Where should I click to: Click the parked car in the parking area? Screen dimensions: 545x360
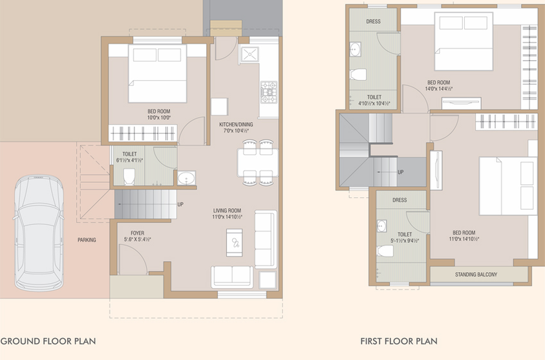click(x=39, y=233)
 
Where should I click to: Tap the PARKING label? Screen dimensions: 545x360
click(x=87, y=240)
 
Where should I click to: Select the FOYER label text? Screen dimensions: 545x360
click(x=137, y=233)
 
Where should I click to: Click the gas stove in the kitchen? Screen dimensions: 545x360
click(x=269, y=92)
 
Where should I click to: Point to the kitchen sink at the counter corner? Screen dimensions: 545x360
click(x=250, y=54)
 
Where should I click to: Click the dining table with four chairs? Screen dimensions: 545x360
click(x=258, y=163)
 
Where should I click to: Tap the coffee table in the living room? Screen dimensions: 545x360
click(x=234, y=242)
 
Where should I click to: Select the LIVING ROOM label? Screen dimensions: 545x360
click(x=227, y=211)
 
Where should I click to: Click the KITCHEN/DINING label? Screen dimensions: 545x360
click(x=236, y=124)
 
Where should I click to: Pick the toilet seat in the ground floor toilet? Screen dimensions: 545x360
click(x=129, y=176)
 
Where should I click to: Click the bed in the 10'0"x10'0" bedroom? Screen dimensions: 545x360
click(x=158, y=73)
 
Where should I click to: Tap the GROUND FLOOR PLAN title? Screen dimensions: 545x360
click(x=48, y=341)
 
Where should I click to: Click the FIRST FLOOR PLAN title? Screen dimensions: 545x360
click(x=399, y=341)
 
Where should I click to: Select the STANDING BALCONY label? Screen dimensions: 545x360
click(x=476, y=275)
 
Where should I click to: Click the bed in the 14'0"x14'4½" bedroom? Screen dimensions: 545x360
click(x=464, y=42)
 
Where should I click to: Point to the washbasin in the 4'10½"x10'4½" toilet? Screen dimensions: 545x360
click(x=355, y=49)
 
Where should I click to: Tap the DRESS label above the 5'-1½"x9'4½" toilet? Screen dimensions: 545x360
click(x=400, y=200)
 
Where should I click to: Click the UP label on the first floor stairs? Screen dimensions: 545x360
click(x=400, y=172)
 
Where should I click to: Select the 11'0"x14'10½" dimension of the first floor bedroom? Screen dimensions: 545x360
click(x=464, y=239)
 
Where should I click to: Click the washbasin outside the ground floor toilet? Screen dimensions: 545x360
click(x=186, y=178)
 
